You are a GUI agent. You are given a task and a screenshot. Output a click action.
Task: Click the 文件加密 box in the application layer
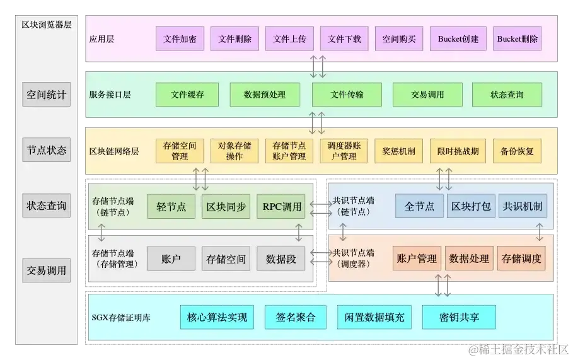(180, 38)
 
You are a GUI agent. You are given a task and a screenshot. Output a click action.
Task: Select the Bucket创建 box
(458, 38)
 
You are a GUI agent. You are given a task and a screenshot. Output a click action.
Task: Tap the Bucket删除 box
(518, 38)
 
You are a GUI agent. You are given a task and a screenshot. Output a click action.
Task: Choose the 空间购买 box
(399, 38)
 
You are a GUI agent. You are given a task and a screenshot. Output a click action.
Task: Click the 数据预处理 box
(265, 95)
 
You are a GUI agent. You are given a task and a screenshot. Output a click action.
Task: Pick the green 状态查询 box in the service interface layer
(507, 95)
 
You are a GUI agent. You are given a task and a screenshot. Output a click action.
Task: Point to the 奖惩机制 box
(399, 151)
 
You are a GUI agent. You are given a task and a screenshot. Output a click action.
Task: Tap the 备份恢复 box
(517, 151)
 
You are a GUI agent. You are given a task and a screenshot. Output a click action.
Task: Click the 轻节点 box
(171, 207)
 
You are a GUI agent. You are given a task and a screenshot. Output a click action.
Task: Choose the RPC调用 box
(282, 207)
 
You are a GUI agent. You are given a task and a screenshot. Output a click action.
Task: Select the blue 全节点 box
(419, 206)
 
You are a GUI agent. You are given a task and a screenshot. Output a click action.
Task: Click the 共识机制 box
(522, 206)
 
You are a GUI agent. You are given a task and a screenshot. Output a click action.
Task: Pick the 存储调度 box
(521, 258)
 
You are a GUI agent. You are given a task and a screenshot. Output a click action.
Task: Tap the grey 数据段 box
(281, 258)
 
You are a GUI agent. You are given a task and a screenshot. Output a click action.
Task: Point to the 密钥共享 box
(459, 317)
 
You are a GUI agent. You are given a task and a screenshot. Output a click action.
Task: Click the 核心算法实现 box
(217, 317)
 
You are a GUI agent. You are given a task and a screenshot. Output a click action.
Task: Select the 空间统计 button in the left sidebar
(47, 95)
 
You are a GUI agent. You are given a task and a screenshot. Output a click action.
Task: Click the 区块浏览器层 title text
(47, 25)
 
